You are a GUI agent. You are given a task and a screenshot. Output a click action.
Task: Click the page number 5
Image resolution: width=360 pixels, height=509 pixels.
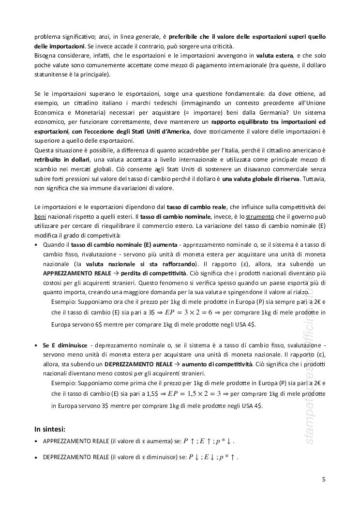click(x=323, y=479)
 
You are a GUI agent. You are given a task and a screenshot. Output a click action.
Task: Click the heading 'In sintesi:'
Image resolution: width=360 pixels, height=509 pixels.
click(x=50, y=429)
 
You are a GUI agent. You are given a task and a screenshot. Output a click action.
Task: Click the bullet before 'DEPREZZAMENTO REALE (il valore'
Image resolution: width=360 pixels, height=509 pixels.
click(x=37, y=456)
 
